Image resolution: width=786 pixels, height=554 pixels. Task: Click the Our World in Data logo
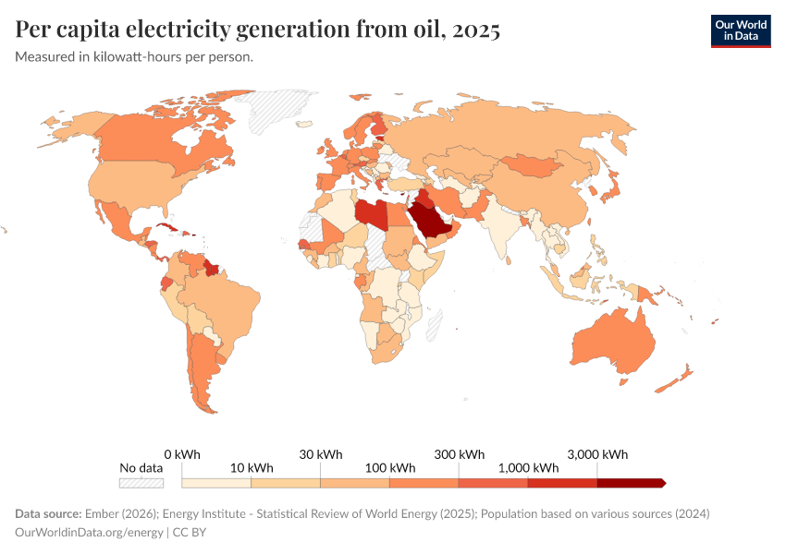click(x=740, y=30)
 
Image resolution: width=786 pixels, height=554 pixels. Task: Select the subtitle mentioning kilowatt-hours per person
click(x=134, y=56)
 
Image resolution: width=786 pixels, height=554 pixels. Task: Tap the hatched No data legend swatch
click(x=141, y=482)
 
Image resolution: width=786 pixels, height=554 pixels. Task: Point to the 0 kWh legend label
click(x=182, y=454)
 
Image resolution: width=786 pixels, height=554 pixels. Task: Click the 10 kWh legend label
click(x=252, y=468)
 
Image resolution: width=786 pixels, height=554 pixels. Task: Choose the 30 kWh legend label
click(x=321, y=454)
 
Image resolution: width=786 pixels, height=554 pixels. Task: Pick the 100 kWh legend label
click(x=390, y=468)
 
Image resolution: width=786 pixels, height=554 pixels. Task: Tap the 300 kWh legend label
click(x=460, y=454)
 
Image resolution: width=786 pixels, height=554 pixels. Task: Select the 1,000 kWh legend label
click(x=528, y=468)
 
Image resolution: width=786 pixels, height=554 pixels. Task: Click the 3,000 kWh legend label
click(x=597, y=454)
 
